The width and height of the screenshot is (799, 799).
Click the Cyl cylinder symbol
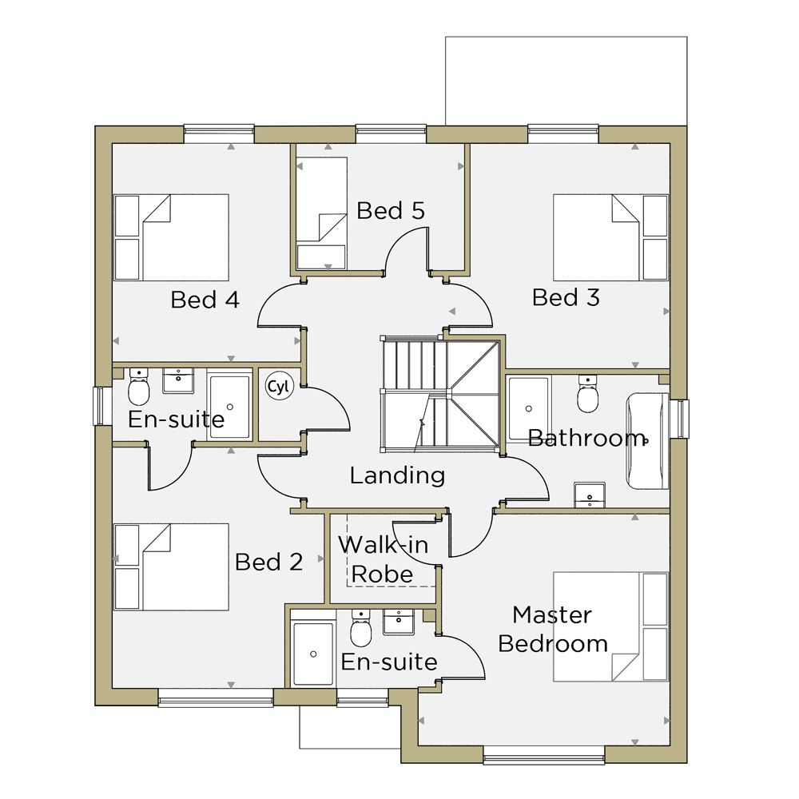pyautogui.click(x=280, y=386)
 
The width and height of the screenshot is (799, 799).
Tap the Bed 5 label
pyautogui.click(x=391, y=210)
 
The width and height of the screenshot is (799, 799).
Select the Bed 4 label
pyautogui.click(x=205, y=300)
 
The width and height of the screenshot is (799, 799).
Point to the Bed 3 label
pyautogui.click(x=566, y=297)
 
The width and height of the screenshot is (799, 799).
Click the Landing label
pyautogui.click(x=397, y=475)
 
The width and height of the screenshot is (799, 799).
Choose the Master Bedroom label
pyautogui.click(x=553, y=630)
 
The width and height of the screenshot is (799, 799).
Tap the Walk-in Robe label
pyautogui.click(x=384, y=559)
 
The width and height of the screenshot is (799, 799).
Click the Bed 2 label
pyautogui.click(x=269, y=562)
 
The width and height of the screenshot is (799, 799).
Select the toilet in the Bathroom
pyautogui.click(x=587, y=394)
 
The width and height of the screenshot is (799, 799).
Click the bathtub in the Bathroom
pyautogui.click(x=647, y=441)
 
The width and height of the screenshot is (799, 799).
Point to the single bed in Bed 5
pyautogui.click(x=322, y=213)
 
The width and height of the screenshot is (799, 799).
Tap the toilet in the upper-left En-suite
pyautogui.click(x=138, y=387)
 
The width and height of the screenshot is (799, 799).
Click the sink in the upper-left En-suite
pyautogui.click(x=178, y=381)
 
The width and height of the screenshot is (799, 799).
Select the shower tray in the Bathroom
pyautogui.click(x=530, y=408)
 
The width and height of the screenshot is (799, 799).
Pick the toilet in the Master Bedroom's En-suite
pyautogui.click(x=361, y=628)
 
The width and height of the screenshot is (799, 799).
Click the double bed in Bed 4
pyautogui.click(x=171, y=237)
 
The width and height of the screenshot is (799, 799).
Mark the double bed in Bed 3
pyautogui.click(x=610, y=237)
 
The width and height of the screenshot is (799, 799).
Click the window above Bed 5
pyautogui.click(x=391, y=133)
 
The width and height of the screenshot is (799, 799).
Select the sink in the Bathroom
pyautogui.click(x=590, y=495)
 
